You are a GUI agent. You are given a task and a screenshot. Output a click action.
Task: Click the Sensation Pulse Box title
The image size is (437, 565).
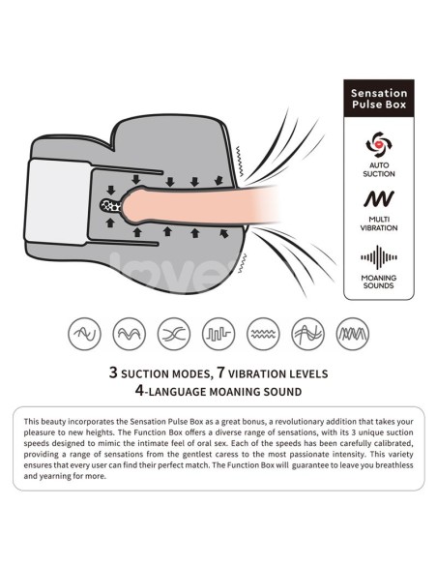click(x=379, y=99)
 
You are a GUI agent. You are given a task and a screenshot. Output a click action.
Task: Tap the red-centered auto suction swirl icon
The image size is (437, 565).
click(x=379, y=144)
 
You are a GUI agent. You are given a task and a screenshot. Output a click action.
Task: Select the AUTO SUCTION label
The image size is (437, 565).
click(x=379, y=169)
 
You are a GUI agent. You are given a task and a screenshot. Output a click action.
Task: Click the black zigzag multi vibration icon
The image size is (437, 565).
click(x=379, y=199)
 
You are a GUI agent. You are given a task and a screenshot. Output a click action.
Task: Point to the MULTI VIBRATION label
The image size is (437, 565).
click(x=379, y=223)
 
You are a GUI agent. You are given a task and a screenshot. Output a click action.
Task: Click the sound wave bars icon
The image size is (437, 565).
click(x=379, y=257)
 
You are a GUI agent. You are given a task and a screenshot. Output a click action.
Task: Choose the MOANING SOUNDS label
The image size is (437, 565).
click(x=379, y=282)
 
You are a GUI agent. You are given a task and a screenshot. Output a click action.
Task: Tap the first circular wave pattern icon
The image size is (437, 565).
click(x=84, y=334)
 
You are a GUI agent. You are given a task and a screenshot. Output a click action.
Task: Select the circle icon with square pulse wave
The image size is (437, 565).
click(x=218, y=334)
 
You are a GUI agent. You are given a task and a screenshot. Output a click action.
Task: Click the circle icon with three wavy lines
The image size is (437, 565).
click(x=263, y=334)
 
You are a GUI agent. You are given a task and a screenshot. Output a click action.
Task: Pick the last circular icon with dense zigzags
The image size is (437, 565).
click(x=353, y=334)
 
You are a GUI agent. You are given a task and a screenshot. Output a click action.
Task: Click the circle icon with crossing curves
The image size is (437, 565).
click(x=174, y=334)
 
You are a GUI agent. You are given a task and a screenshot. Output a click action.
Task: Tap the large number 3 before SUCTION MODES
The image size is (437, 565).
click(x=113, y=372)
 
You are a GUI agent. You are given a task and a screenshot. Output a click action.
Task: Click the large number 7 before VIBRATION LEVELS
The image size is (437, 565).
click(x=220, y=372)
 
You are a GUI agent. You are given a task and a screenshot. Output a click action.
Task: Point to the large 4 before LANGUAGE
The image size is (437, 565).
click(x=139, y=390)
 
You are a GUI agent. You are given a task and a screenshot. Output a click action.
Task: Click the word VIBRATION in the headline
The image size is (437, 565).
click(x=253, y=374)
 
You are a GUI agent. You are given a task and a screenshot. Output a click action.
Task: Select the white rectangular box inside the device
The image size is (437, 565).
click(x=58, y=201)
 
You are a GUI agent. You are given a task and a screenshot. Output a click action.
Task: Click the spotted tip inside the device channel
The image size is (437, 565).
click(x=111, y=206)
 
